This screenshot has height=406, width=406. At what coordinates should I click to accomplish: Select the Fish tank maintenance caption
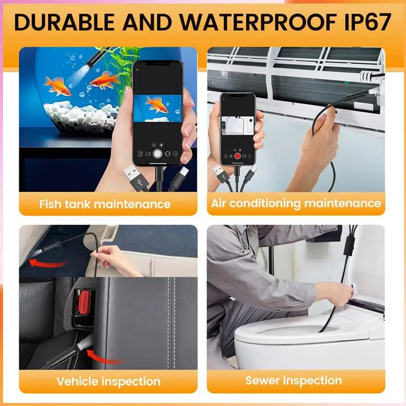coord(105,205)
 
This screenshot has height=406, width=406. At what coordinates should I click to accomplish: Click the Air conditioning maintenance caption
coord(296,204)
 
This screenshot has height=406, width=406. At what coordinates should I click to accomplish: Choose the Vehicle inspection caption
coord(108,381)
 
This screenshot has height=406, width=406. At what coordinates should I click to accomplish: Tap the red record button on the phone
coord(236,156)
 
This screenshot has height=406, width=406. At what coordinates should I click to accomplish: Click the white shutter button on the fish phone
coord(159,153)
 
